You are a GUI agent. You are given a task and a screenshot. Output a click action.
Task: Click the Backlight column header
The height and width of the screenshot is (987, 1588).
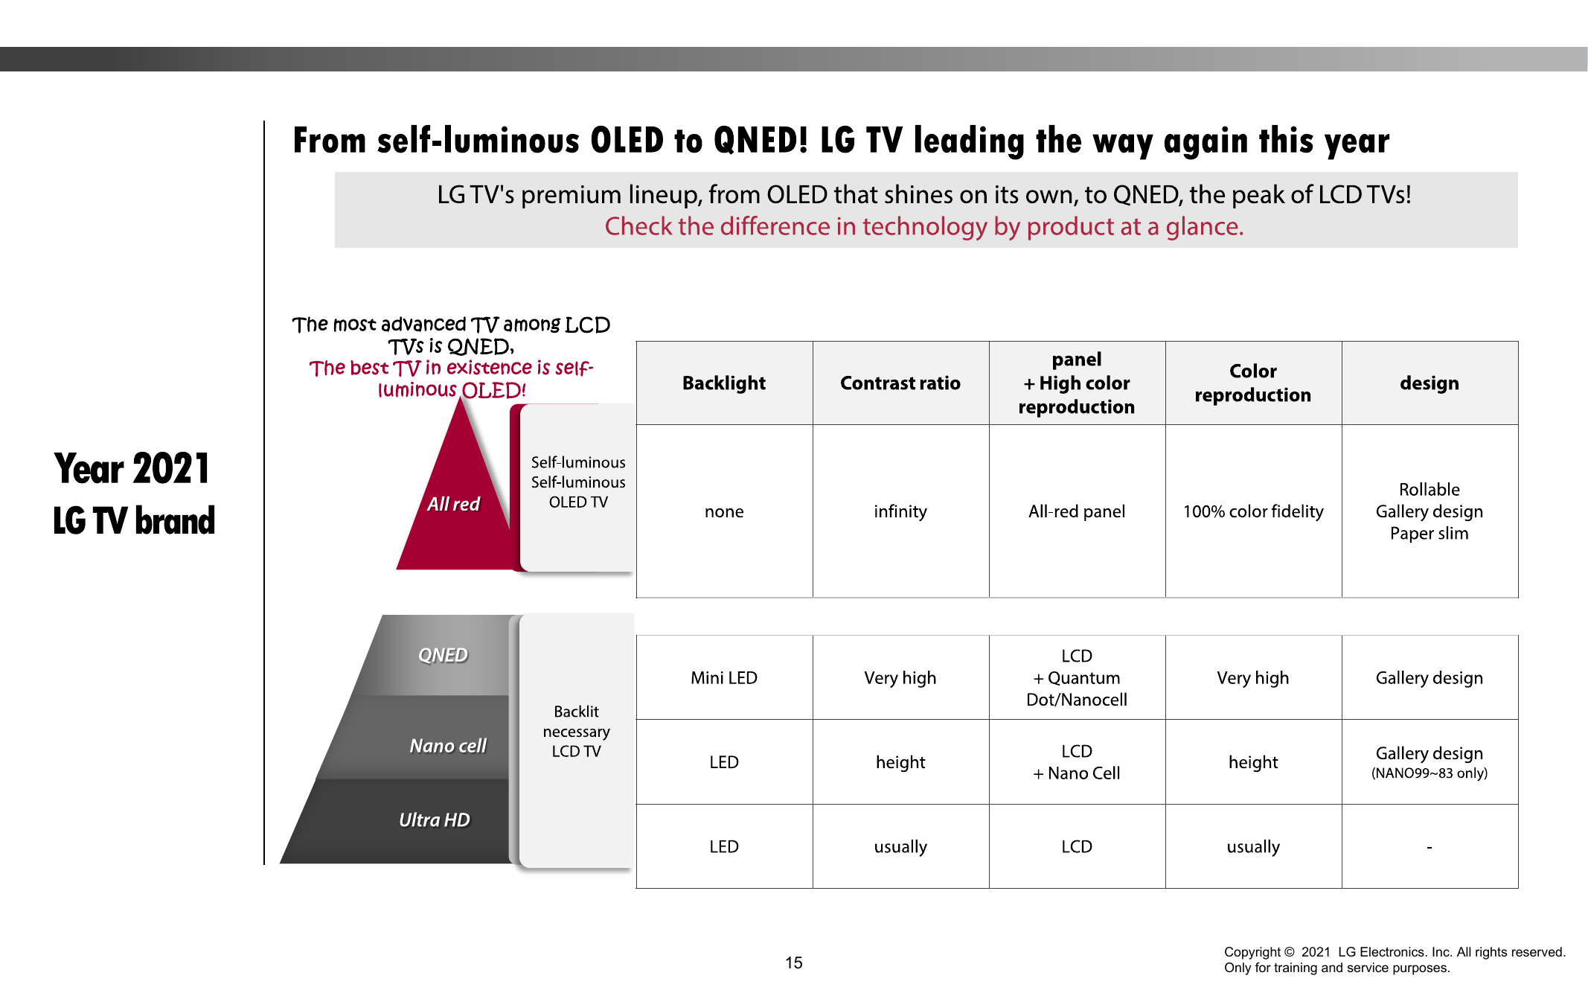tap(723, 383)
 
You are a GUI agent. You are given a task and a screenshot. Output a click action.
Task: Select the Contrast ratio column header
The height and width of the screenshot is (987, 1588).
tap(900, 383)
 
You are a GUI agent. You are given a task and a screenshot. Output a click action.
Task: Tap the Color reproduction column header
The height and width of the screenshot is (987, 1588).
tap(1252, 383)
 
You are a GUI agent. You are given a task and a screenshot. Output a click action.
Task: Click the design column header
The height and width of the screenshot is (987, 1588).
tap(1429, 383)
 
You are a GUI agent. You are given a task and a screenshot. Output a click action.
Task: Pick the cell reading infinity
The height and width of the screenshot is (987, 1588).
tap(900, 511)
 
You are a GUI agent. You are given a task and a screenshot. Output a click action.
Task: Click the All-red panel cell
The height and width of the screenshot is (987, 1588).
tap(1076, 511)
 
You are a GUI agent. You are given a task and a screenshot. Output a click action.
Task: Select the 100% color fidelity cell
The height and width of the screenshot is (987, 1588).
tap(1252, 511)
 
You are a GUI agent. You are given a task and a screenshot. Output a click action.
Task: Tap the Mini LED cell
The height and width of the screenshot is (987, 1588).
tap(723, 677)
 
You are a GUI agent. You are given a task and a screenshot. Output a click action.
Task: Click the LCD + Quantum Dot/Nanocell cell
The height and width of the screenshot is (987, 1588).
tap(1076, 677)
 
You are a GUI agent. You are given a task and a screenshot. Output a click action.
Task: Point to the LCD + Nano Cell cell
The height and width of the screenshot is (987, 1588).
tap(1076, 762)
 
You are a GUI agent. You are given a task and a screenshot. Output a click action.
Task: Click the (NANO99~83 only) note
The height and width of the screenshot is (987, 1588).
tap(1429, 773)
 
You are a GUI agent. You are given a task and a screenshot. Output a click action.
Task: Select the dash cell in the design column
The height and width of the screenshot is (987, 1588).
tap(1429, 847)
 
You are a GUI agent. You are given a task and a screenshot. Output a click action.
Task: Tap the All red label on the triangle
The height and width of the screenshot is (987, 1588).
tap(453, 504)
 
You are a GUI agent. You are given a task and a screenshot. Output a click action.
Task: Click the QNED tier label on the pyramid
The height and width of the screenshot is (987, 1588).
tap(443, 655)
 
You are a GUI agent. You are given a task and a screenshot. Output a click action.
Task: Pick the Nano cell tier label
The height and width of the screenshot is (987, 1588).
tap(447, 746)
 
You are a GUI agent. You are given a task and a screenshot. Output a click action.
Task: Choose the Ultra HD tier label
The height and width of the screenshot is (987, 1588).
tap(435, 820)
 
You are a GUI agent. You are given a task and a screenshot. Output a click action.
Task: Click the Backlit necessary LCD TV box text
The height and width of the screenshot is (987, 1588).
tap(576, 731)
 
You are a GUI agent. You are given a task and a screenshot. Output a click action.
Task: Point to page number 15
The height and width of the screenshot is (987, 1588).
tap(793, 962)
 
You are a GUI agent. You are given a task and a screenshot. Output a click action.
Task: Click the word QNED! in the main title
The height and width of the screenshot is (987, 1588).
tap(760, 140)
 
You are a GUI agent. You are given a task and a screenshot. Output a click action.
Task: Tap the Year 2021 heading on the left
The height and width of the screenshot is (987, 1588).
tap(132, 468)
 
